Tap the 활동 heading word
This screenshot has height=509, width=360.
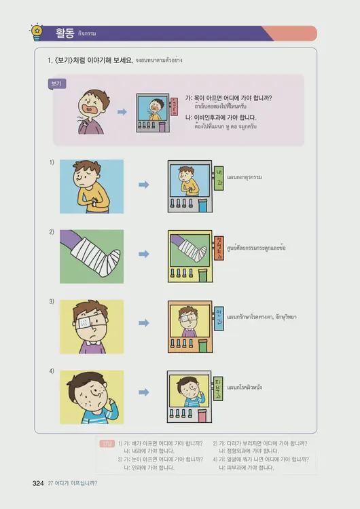65,32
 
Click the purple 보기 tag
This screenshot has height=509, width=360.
56,83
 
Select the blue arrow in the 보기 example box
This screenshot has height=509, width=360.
122,112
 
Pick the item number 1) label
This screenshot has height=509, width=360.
52,162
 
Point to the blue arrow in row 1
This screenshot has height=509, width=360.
143,184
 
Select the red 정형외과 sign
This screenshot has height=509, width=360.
219,248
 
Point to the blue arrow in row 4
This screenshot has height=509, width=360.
143,392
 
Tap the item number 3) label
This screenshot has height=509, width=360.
52,301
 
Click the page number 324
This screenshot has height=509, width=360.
38,483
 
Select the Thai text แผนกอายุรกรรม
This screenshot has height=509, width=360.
245,177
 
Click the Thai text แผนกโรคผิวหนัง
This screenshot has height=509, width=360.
245,388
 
